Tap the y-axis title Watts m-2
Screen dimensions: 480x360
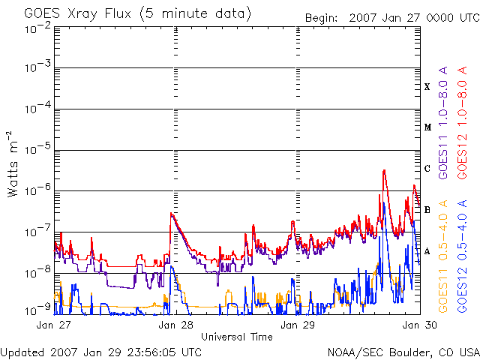point(13,164)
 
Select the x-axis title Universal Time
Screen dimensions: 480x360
point(237,337)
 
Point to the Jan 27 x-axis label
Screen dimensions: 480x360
point(53,325)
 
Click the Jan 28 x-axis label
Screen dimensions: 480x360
point(175,325)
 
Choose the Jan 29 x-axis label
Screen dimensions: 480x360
point(298,325)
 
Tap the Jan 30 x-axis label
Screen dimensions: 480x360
point(419,325)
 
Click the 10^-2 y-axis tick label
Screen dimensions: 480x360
point(38,28)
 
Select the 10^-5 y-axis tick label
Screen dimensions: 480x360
point(38,148)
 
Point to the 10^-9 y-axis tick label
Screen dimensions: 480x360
point(38,310)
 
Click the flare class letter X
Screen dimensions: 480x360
point(427,87)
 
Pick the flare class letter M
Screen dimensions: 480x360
point(427,127)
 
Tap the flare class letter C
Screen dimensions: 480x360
point(427,168)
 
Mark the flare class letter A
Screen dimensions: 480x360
point(427,251)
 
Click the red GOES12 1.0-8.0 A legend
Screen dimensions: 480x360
point(462,122)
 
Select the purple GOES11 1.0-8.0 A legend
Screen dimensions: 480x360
point(443,122)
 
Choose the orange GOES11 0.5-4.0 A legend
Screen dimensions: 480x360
point(443,256)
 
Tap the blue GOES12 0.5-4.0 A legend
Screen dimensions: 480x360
point(462,256)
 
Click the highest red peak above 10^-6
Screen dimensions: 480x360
point(384,170)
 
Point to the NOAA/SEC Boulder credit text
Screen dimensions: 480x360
point(403,352)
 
